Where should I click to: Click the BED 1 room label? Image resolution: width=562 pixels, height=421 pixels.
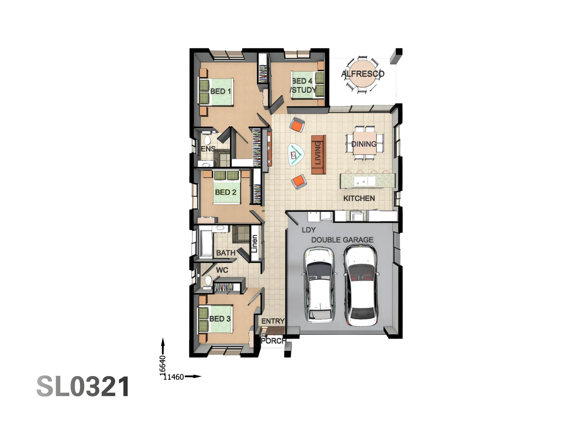tap(221, 91)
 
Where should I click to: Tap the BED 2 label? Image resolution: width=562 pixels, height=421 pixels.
tap(226, 192)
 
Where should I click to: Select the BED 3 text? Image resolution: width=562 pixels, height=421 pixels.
tap(220, 319)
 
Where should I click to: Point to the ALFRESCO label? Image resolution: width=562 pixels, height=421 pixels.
tap(363, 74)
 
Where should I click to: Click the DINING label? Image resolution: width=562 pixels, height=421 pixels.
tap(364, 144)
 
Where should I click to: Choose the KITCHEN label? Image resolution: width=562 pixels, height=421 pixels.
tap(359, 198)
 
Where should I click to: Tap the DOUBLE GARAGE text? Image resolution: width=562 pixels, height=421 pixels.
tap(342, 240)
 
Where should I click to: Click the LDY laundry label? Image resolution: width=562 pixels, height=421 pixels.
tap(308, 230)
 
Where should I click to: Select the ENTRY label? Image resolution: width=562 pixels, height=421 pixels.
tap(273, 321)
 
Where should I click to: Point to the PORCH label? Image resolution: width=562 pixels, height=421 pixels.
tap(273, 341)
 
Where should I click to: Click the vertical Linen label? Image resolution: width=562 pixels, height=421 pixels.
tap(254, 244)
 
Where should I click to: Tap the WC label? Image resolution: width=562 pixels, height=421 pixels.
tap(222, 270)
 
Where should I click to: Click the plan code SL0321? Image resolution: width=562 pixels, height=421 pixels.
tap(83, 387)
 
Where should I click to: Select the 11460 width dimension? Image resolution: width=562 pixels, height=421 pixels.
tap(174, 377)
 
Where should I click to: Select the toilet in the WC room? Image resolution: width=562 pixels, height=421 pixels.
tap(208, 281)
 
